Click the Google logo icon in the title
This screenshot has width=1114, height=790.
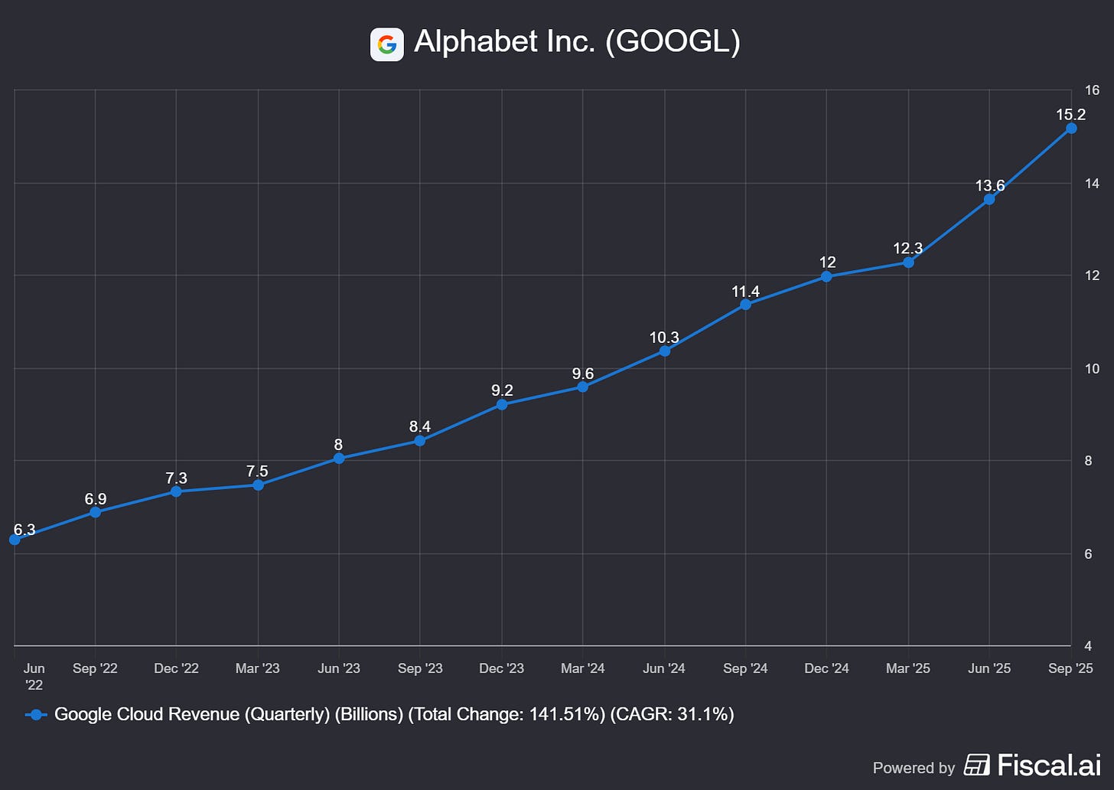coord(386,44)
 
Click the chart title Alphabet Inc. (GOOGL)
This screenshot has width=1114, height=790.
coord(577,41)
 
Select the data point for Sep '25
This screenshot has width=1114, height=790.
coord(1071,128)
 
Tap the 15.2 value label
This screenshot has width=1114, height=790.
coord(1070,115)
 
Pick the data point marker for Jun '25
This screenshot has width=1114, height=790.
coord(989,199)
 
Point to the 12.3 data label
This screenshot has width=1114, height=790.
coord(907,248)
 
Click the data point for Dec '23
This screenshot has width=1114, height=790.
coord(502,404)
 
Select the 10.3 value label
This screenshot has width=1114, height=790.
coord(664,338)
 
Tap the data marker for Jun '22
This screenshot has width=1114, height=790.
coord(15,540)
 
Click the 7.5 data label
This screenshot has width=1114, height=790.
coord(257,472)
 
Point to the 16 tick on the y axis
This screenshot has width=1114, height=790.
coord(1092,90)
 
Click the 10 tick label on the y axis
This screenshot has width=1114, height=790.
coord(1092,368)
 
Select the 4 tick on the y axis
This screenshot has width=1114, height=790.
coord(1088,646)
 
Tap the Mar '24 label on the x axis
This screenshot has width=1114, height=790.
coord(582,668)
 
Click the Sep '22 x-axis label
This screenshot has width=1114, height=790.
coord(95,668)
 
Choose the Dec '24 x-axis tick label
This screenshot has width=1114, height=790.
coord(826,668)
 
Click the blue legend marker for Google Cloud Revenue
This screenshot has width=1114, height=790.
coord(36,714)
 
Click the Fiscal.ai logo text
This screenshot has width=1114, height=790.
coord(1048,765)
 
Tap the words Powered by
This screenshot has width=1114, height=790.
coord(914,767)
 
